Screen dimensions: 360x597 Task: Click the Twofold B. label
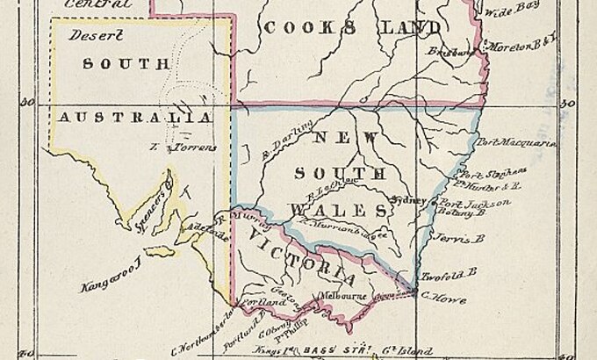449,275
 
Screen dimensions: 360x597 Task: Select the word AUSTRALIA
133,117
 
